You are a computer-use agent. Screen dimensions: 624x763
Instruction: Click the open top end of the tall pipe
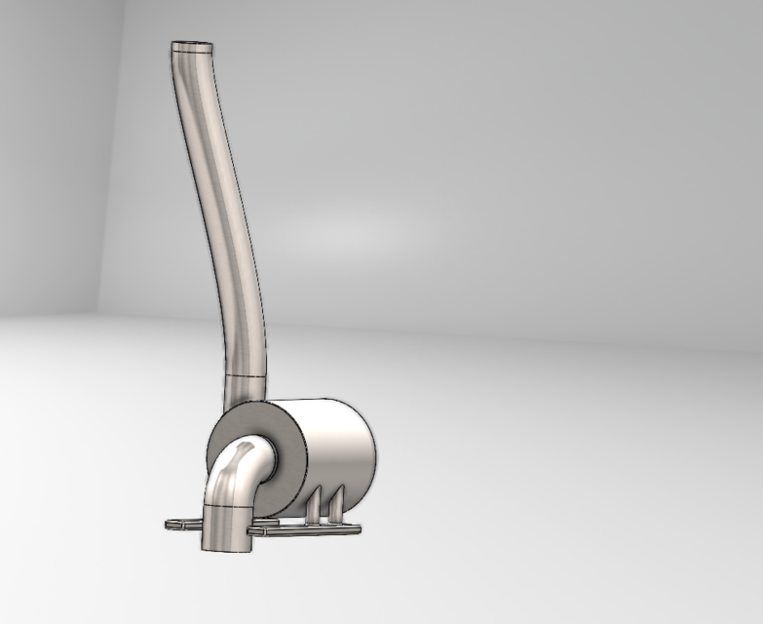(192, 45)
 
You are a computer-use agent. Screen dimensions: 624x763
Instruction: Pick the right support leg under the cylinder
(335, 503)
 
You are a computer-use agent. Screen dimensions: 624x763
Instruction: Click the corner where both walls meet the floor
(98, 314)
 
